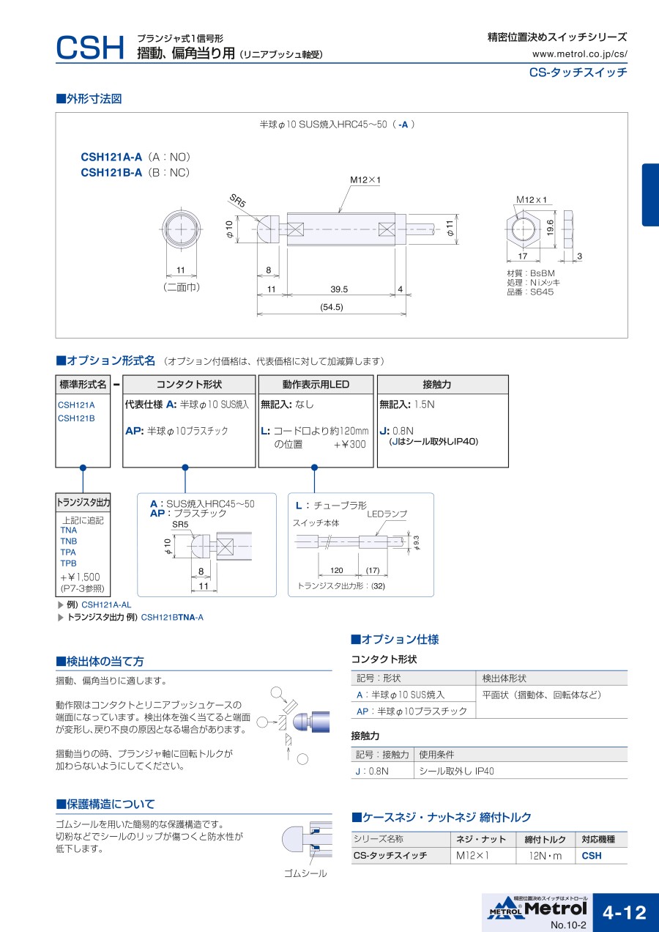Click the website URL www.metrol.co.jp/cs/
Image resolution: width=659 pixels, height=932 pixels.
point(579,53)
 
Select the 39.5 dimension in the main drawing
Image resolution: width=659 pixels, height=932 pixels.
point(339,289)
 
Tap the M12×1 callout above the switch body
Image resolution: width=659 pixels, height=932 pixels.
point(365,180)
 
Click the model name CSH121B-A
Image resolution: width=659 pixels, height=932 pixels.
point(111,172)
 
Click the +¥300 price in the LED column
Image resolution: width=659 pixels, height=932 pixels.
point(349,444)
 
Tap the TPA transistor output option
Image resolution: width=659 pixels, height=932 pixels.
point(68,552)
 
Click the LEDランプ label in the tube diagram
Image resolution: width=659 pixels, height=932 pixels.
point(387,514)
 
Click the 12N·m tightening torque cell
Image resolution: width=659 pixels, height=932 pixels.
point(545,856)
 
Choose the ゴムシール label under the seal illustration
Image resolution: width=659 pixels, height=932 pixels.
point(305,873)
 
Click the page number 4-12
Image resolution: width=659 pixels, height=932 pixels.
point(625,912)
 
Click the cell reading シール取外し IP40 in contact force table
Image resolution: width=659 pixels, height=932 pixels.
point(458,771)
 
